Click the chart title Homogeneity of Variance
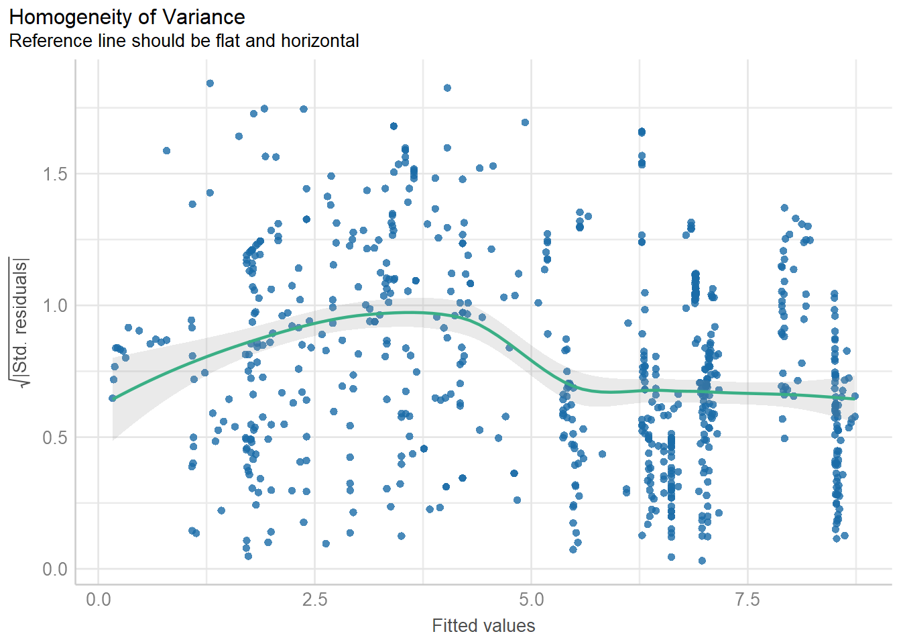pos(127,17)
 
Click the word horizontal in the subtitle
pos(320,41)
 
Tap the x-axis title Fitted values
pos(483,626)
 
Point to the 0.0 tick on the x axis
pos(99,599)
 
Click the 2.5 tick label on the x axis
pos(314,599)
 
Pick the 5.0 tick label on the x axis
pos(531,599)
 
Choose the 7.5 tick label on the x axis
pos(747,599)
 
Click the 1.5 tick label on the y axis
pos(55,174)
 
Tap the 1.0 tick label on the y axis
pos(55,306)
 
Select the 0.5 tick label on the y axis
pos(55,438)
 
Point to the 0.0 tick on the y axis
pos(55,570)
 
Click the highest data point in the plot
pos(210,83)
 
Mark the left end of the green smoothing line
pos(113,398)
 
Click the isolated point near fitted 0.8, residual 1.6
pos(166,151)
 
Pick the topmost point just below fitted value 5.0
pos(525,122)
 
